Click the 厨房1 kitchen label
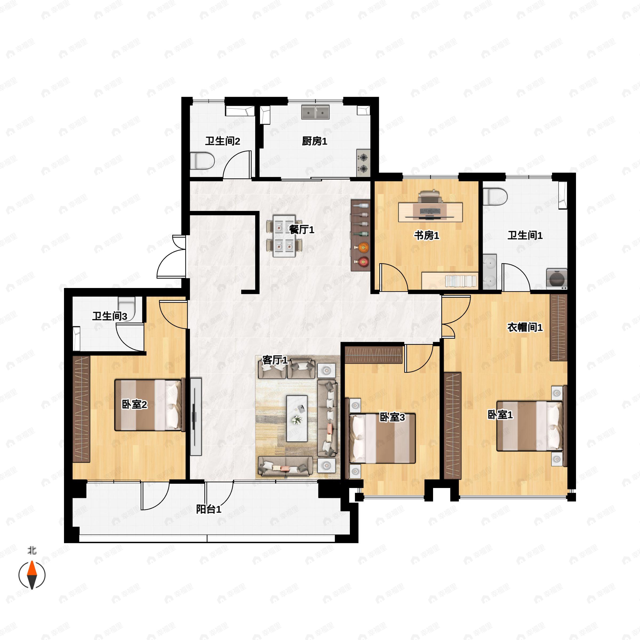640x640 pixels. (314, 141)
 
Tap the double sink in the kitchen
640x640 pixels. (315, 112)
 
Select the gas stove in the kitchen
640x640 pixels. (363, 163)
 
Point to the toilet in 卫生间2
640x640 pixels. (202, 161)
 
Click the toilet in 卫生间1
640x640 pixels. (495, 197)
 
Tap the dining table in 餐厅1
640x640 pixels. (284, 236)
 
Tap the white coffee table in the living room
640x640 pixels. (297, 418)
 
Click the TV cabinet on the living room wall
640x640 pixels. (196, 417)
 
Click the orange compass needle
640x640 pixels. (32, 568)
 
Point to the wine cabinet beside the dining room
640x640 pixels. (361, 235)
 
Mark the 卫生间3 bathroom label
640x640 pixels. (110, 316)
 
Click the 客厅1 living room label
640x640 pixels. (275, 360)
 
